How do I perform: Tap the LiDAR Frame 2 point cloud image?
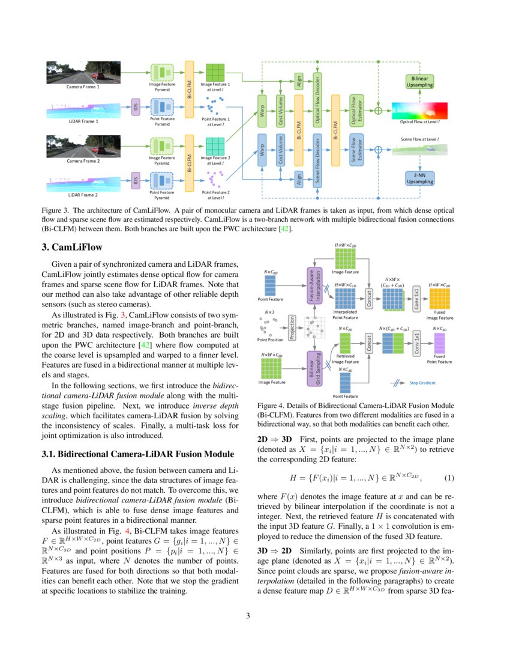click(x=74, y=181)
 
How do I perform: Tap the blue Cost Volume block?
click(x=280, y=150)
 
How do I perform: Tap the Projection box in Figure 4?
click(x=292, y=328)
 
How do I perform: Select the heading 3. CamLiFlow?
click(x=71, y=247)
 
